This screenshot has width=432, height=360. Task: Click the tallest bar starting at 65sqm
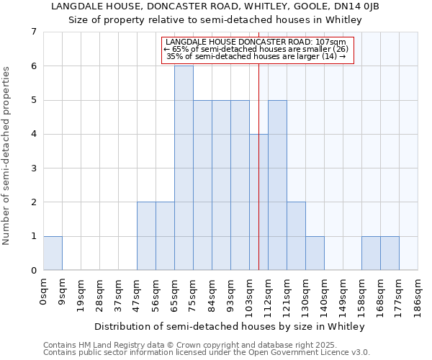pyautogui.click(x=184, y=168)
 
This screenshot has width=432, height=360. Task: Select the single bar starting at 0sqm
pyautogui.click(x=53, y=253)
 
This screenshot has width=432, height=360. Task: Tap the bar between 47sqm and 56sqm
pyautogui.click(x=146, y=236)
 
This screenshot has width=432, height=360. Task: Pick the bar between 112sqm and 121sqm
pyautogui.click(x=277, y=185)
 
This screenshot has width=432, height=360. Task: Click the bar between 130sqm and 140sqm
pyautogui.click(x=315, y=253)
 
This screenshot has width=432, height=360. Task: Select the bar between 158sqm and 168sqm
pyautogui.click(x=371, y=253)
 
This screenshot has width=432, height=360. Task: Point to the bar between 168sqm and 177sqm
pyautogui.click(x=390, y=253)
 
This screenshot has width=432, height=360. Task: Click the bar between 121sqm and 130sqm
pyautogui.click(x=296, y=236)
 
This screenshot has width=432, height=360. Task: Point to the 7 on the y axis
pyautogui.click(x=33, y=32)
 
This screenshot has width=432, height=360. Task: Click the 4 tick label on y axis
pyautogui.click(x=33, y=134)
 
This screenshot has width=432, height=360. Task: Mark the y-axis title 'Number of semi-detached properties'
pyautogui.click(x=7, y=156)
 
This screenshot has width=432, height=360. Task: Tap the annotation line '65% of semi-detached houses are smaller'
pyautogui.click(x=256, y=49)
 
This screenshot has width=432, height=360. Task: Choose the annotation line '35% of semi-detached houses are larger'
pyautogui.click(x=256, y=56)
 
